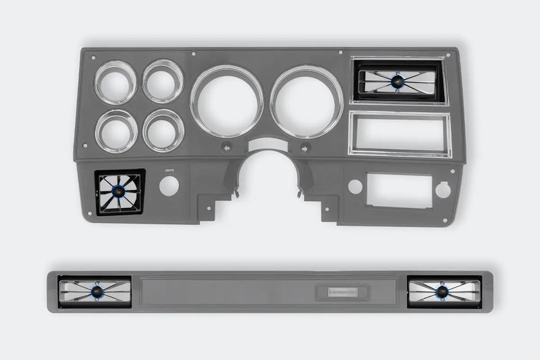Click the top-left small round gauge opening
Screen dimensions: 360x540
[x=115, y=82]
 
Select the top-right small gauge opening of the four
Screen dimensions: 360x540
[x=163, y=81]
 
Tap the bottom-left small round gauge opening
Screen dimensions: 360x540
[x=116, y=130]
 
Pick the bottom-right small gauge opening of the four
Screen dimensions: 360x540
[x=163, y=130]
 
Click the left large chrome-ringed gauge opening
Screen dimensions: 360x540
[x=227, y=101]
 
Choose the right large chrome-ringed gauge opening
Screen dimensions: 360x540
[x=307, y=101]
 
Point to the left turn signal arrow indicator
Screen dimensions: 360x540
[x=227, y=147]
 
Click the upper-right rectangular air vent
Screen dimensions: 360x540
[x=398, y=81]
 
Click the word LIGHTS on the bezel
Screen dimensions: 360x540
[x=169, y=171]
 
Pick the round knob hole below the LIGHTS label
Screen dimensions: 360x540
[x=169, y=186]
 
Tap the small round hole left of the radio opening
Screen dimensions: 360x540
[x=355, y=187]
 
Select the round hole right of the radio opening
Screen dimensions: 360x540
[x=443, y=190]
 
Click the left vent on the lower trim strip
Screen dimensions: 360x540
[x=94, y=291]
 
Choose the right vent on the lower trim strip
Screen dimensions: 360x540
[x=443, y=291]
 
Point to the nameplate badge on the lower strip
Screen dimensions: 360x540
[x=347, y=292]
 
